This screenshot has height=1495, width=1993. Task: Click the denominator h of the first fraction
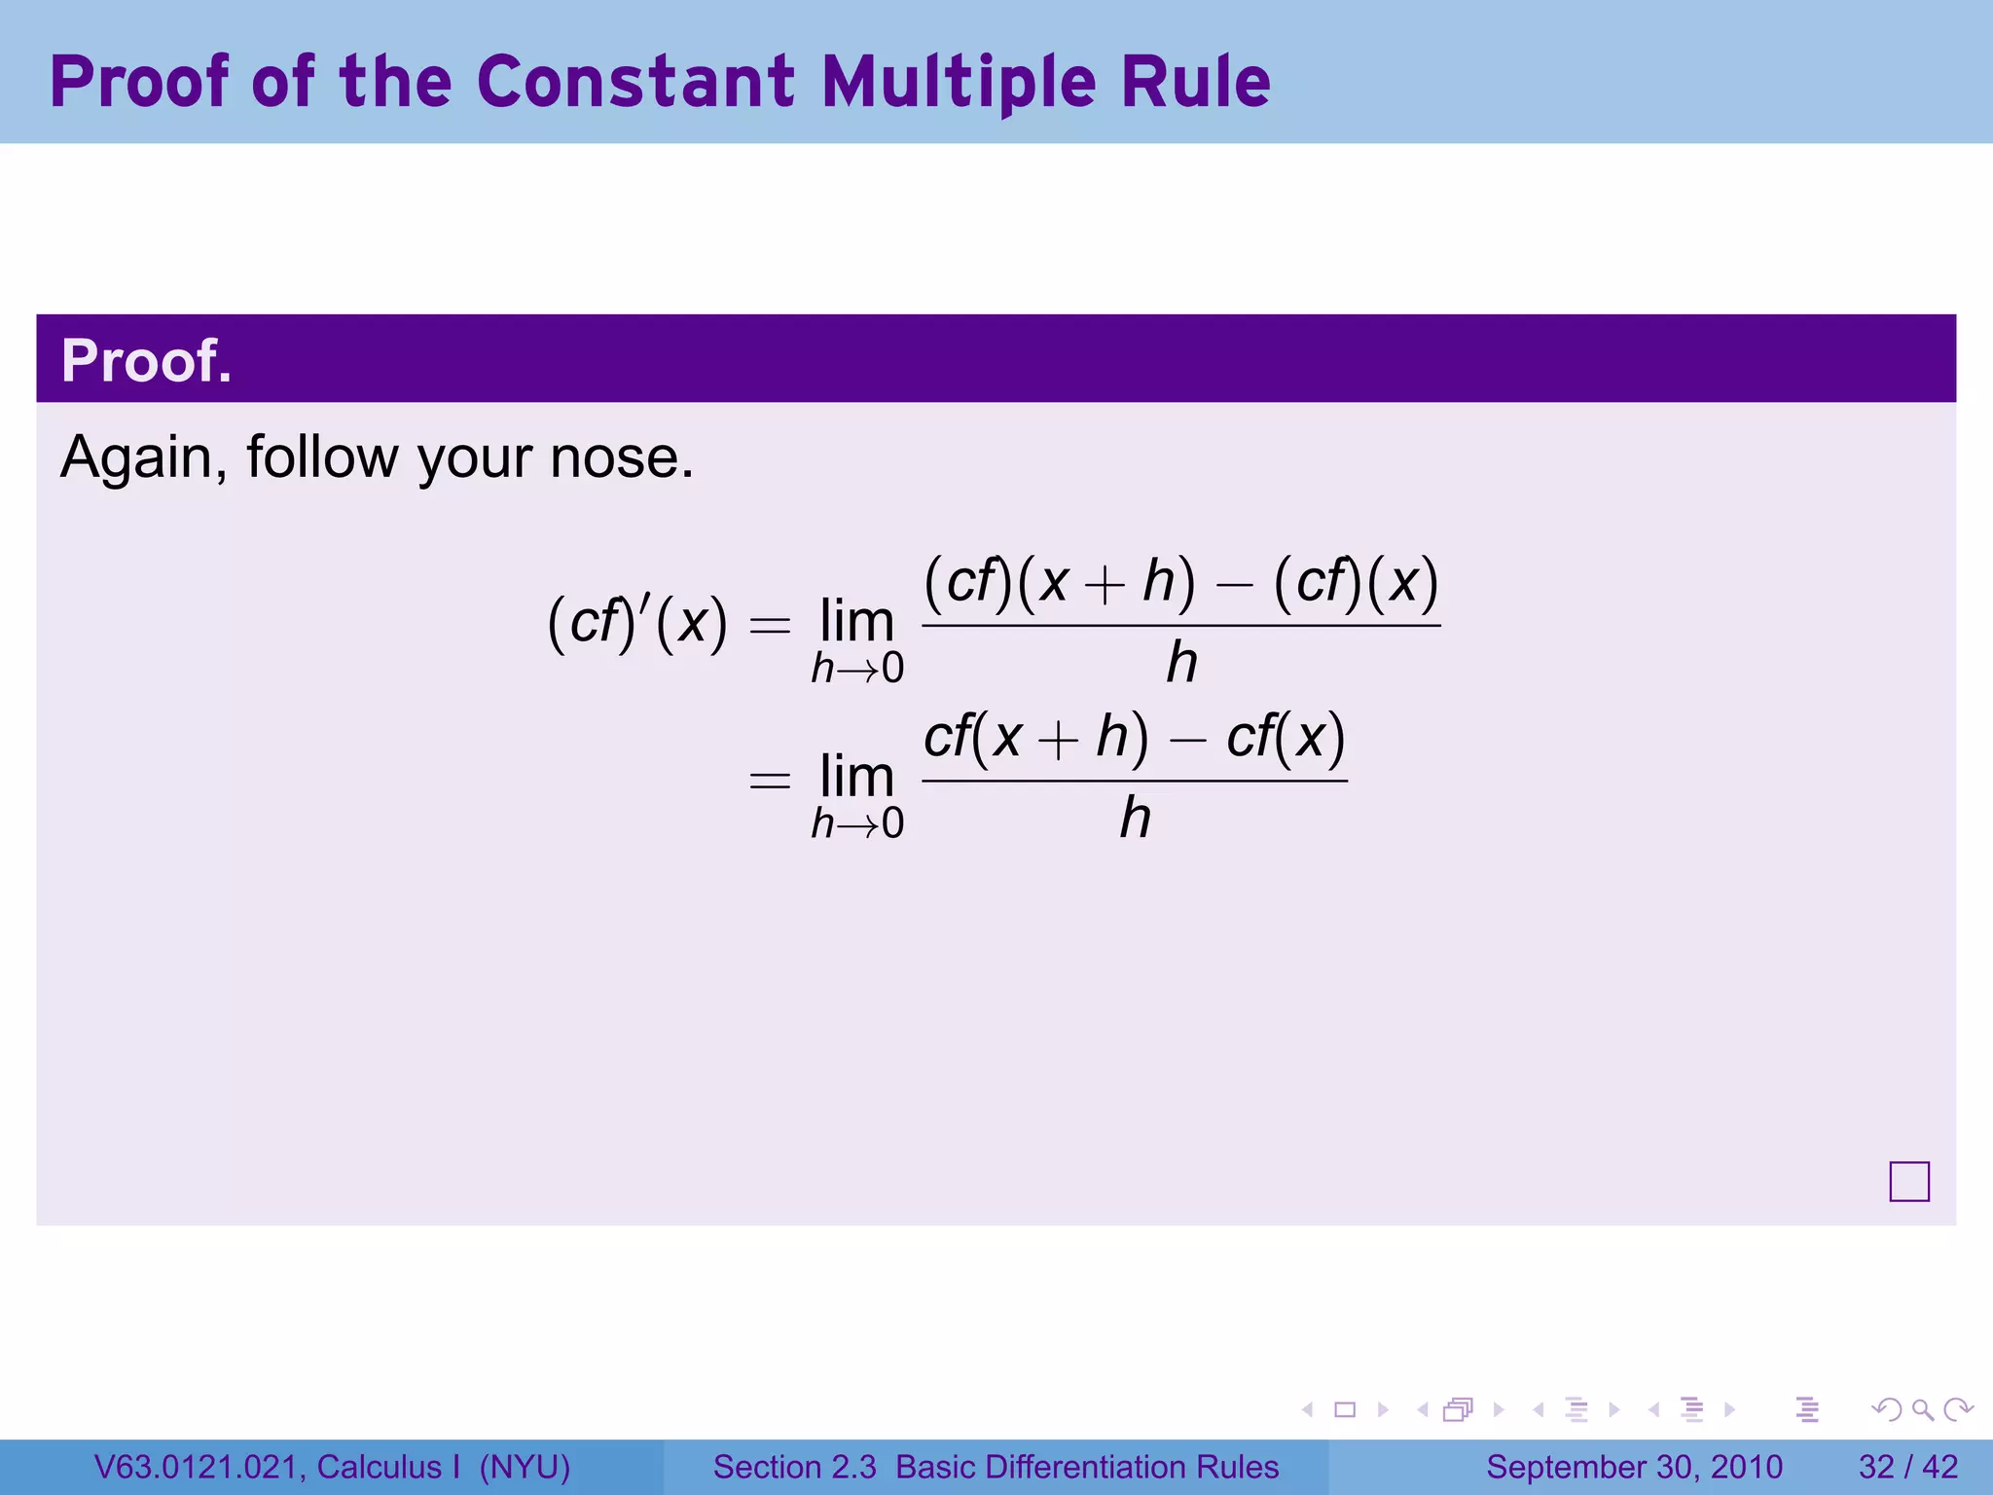1180,664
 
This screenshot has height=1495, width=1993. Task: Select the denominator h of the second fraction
1134,819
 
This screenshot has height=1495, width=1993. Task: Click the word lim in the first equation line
856,621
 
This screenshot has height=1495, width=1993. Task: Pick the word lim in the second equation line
856,777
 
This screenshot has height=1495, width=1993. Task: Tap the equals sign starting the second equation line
770,780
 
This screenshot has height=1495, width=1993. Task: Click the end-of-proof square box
1908,1182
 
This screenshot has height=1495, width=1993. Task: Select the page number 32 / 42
1908,1467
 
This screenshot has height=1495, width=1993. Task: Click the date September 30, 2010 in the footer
1634,1467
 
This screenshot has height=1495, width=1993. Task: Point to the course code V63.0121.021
199,1467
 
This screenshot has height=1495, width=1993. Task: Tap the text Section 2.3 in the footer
794,1467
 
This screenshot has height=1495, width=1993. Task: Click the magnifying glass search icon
1922,1409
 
